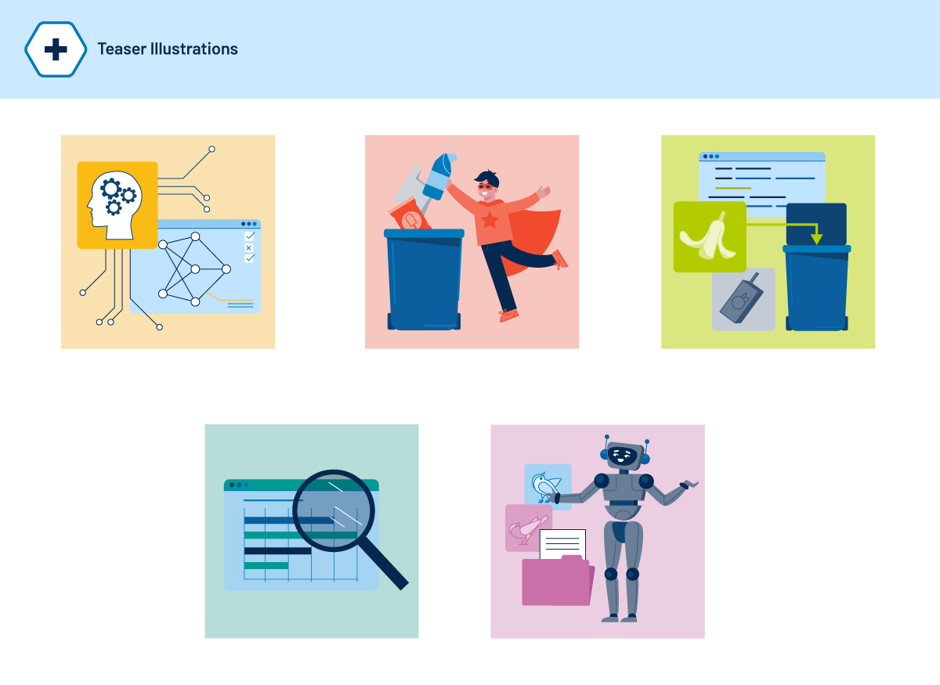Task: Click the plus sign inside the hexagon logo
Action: pyautogui.click(x=56, y=49)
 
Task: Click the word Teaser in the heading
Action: pyautogui.click(x=121, y=49)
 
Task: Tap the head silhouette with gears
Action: pyautogui.click(x=115, y=205)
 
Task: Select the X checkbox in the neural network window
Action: pyautogui.click(x=249, y=247)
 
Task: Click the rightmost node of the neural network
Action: pyautogui.click(x=226, y=269)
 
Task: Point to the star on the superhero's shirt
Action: pyautogui.click(x=490, y=220)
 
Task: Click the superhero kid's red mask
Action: pyautogui.click(x=486, y=186)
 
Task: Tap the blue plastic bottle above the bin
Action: pyautogui.click(x=439, y=176)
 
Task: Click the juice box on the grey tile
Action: pyautogui.click(x=742, y=298)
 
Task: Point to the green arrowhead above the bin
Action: pyautogui.click(x=816, y=239)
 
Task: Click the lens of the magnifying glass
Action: pyautogui.click(x=334, y=510)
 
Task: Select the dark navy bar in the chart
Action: pyautogui.click(x=278, y=551)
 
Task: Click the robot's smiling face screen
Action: pyautogui.click(x=622, y=456)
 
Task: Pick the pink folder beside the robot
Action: pyautogui.click(x=557, y=581)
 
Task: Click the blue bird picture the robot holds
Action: pyautogui.click(x=548, y=487)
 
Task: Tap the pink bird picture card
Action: pyautogui.click(x=528, y=528)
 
